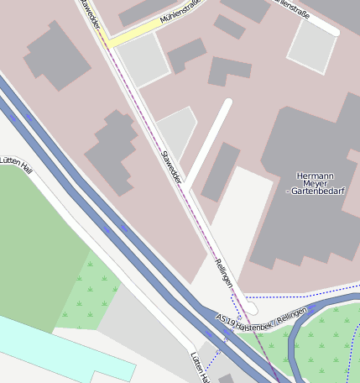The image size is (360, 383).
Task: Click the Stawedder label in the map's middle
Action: [x=171, y=165]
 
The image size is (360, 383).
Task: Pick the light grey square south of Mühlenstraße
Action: [x=141, y=59]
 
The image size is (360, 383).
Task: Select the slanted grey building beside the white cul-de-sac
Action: [x=220, y=171]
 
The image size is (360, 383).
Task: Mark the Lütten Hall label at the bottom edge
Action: [x=200, y=366]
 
